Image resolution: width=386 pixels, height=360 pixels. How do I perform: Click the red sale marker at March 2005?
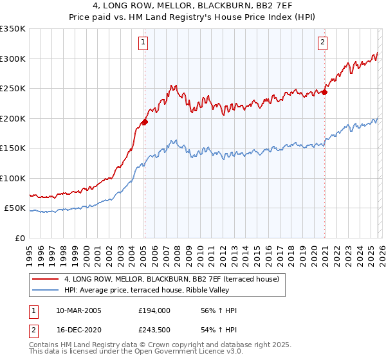tap(145, 122)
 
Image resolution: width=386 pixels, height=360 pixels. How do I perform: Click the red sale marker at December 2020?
tap(324, 92)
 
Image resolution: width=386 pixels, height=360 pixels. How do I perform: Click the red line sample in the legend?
tap(46, 279)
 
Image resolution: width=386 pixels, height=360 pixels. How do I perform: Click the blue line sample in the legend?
tap(46, 290)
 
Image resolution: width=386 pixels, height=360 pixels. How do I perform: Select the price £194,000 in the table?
tap(154, 310)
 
